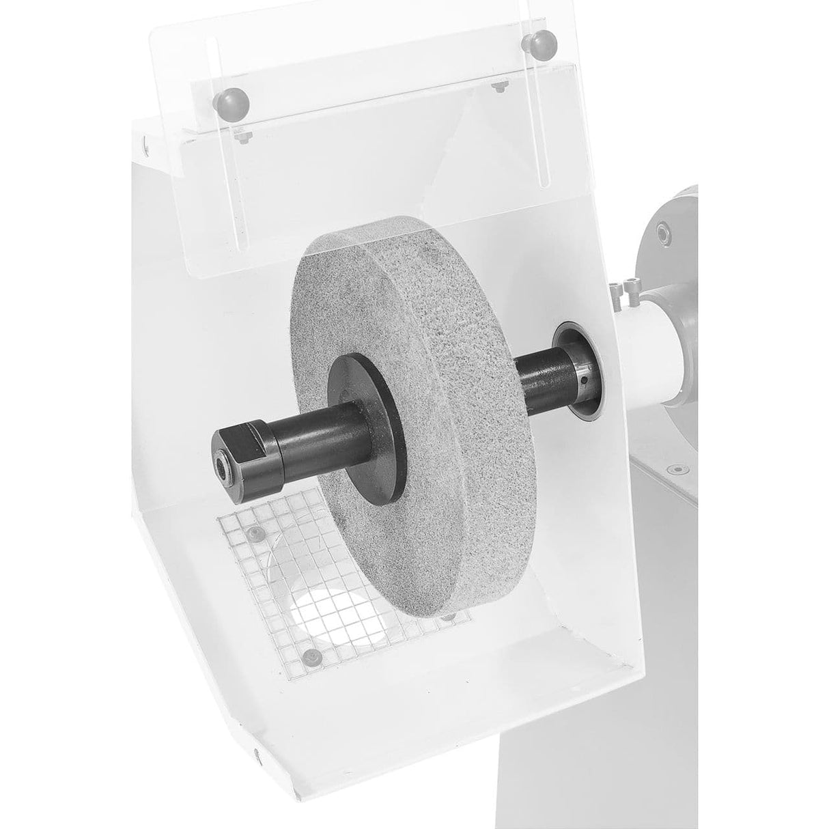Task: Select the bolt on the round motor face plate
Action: click(663, 232)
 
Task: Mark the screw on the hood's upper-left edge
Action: click(145, 142)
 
